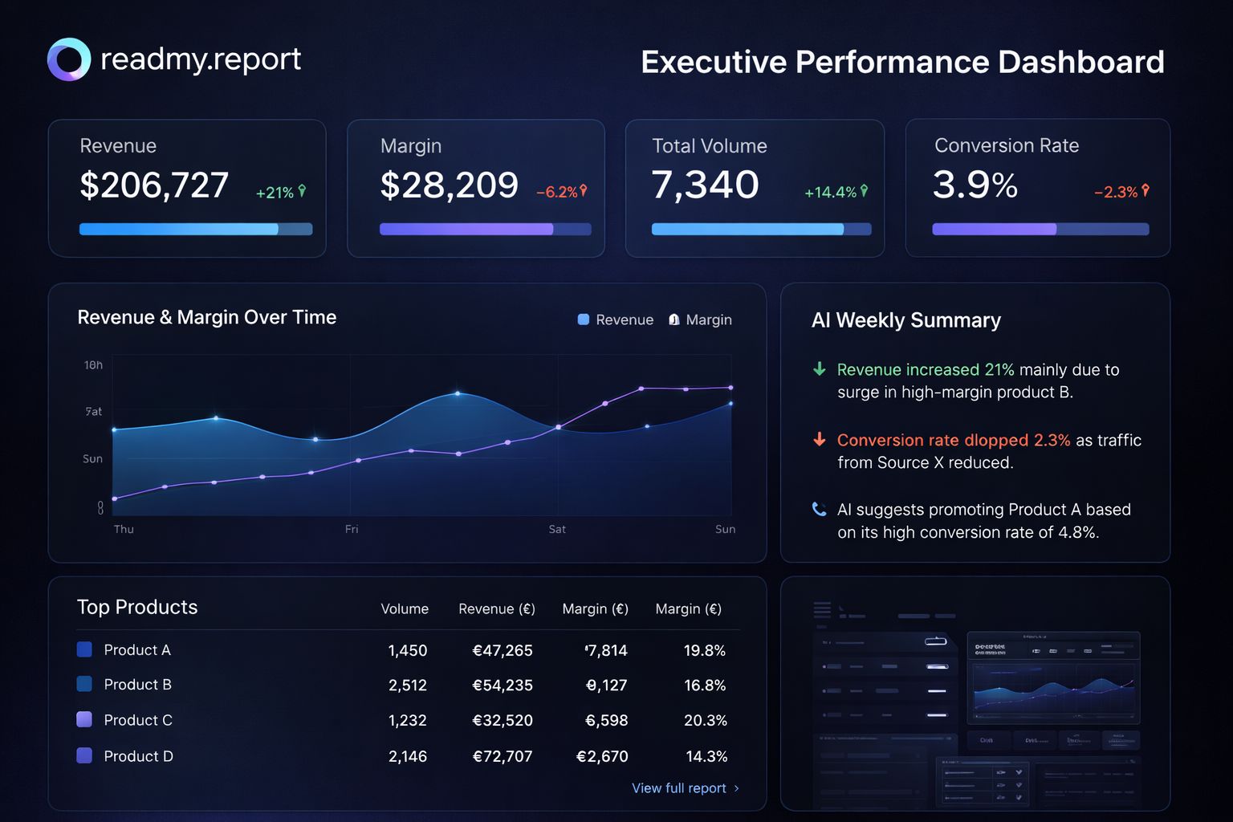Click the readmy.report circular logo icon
click(x=68, y=59)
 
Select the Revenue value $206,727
click(x=154, y=185)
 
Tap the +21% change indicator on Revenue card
click(x=280, y=193)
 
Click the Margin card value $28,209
click(x=449, y=185)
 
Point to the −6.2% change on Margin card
click(x=561, y=192)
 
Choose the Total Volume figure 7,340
click(x=705, y=185)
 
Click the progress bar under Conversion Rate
click(x=1040, y=230)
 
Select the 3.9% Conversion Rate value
click(x=975, y=185)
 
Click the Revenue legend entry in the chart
click(x=616, y=319)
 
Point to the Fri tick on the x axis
click(x=352, y=529)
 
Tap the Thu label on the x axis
click(x=124, y=529)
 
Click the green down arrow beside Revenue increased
click(x=819, y=369)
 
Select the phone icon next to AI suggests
click(x=819, y=509)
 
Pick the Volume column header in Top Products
click(x=405, y=609)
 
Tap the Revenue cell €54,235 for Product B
click(x=503, y=686)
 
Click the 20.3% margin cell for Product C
click(x=705, y=721)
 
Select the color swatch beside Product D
click(x=84, y=755)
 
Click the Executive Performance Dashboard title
click(x=902, y=62)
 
